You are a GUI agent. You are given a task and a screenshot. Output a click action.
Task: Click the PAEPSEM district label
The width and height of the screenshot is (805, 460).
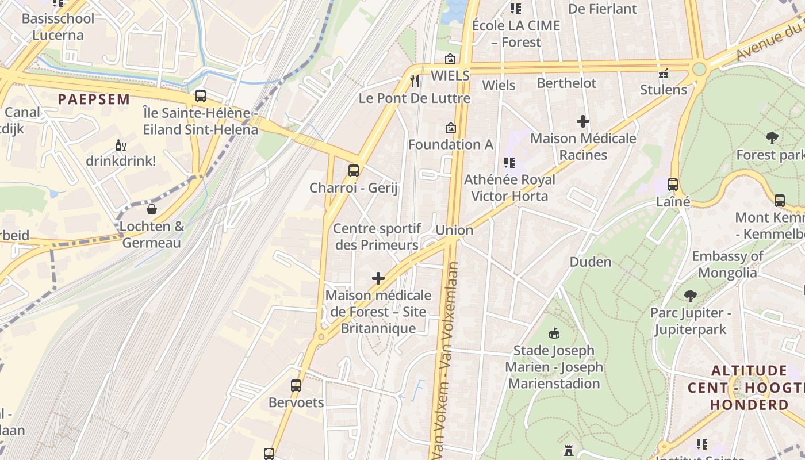94,99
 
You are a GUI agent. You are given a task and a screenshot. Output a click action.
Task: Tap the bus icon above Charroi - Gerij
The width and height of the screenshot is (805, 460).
353,171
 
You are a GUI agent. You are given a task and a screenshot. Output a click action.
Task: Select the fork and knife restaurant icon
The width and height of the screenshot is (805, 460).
415,80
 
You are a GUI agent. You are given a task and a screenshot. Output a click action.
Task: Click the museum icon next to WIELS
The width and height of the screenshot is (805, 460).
450,59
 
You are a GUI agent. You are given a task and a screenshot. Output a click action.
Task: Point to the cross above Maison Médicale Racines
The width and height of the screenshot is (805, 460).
583,121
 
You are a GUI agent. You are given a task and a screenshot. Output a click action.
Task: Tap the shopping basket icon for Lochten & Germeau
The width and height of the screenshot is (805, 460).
152,209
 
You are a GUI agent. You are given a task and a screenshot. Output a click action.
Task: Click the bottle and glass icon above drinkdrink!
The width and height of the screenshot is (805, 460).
120,145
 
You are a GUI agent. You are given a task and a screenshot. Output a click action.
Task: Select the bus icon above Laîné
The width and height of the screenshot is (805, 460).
672,185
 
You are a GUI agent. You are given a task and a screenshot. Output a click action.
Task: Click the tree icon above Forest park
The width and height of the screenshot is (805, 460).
772,137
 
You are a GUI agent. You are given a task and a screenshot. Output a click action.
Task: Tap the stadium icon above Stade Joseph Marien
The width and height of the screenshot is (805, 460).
554,333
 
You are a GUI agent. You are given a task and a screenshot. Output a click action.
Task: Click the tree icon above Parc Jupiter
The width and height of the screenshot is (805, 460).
690,296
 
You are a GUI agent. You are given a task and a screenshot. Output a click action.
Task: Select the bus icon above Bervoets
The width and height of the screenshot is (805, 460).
296,386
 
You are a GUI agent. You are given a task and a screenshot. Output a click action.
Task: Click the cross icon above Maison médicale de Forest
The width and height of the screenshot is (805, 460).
378,279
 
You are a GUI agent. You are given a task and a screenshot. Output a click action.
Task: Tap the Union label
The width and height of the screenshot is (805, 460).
454,230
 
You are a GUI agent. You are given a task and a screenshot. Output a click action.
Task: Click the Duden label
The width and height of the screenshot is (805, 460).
590,262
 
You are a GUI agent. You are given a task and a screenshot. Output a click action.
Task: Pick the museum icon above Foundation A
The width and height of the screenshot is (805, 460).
450,128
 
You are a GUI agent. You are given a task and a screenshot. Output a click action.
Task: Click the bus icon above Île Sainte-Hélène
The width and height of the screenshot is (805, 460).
200,96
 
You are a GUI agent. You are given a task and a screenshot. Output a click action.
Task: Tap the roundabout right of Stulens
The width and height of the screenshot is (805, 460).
699,69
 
